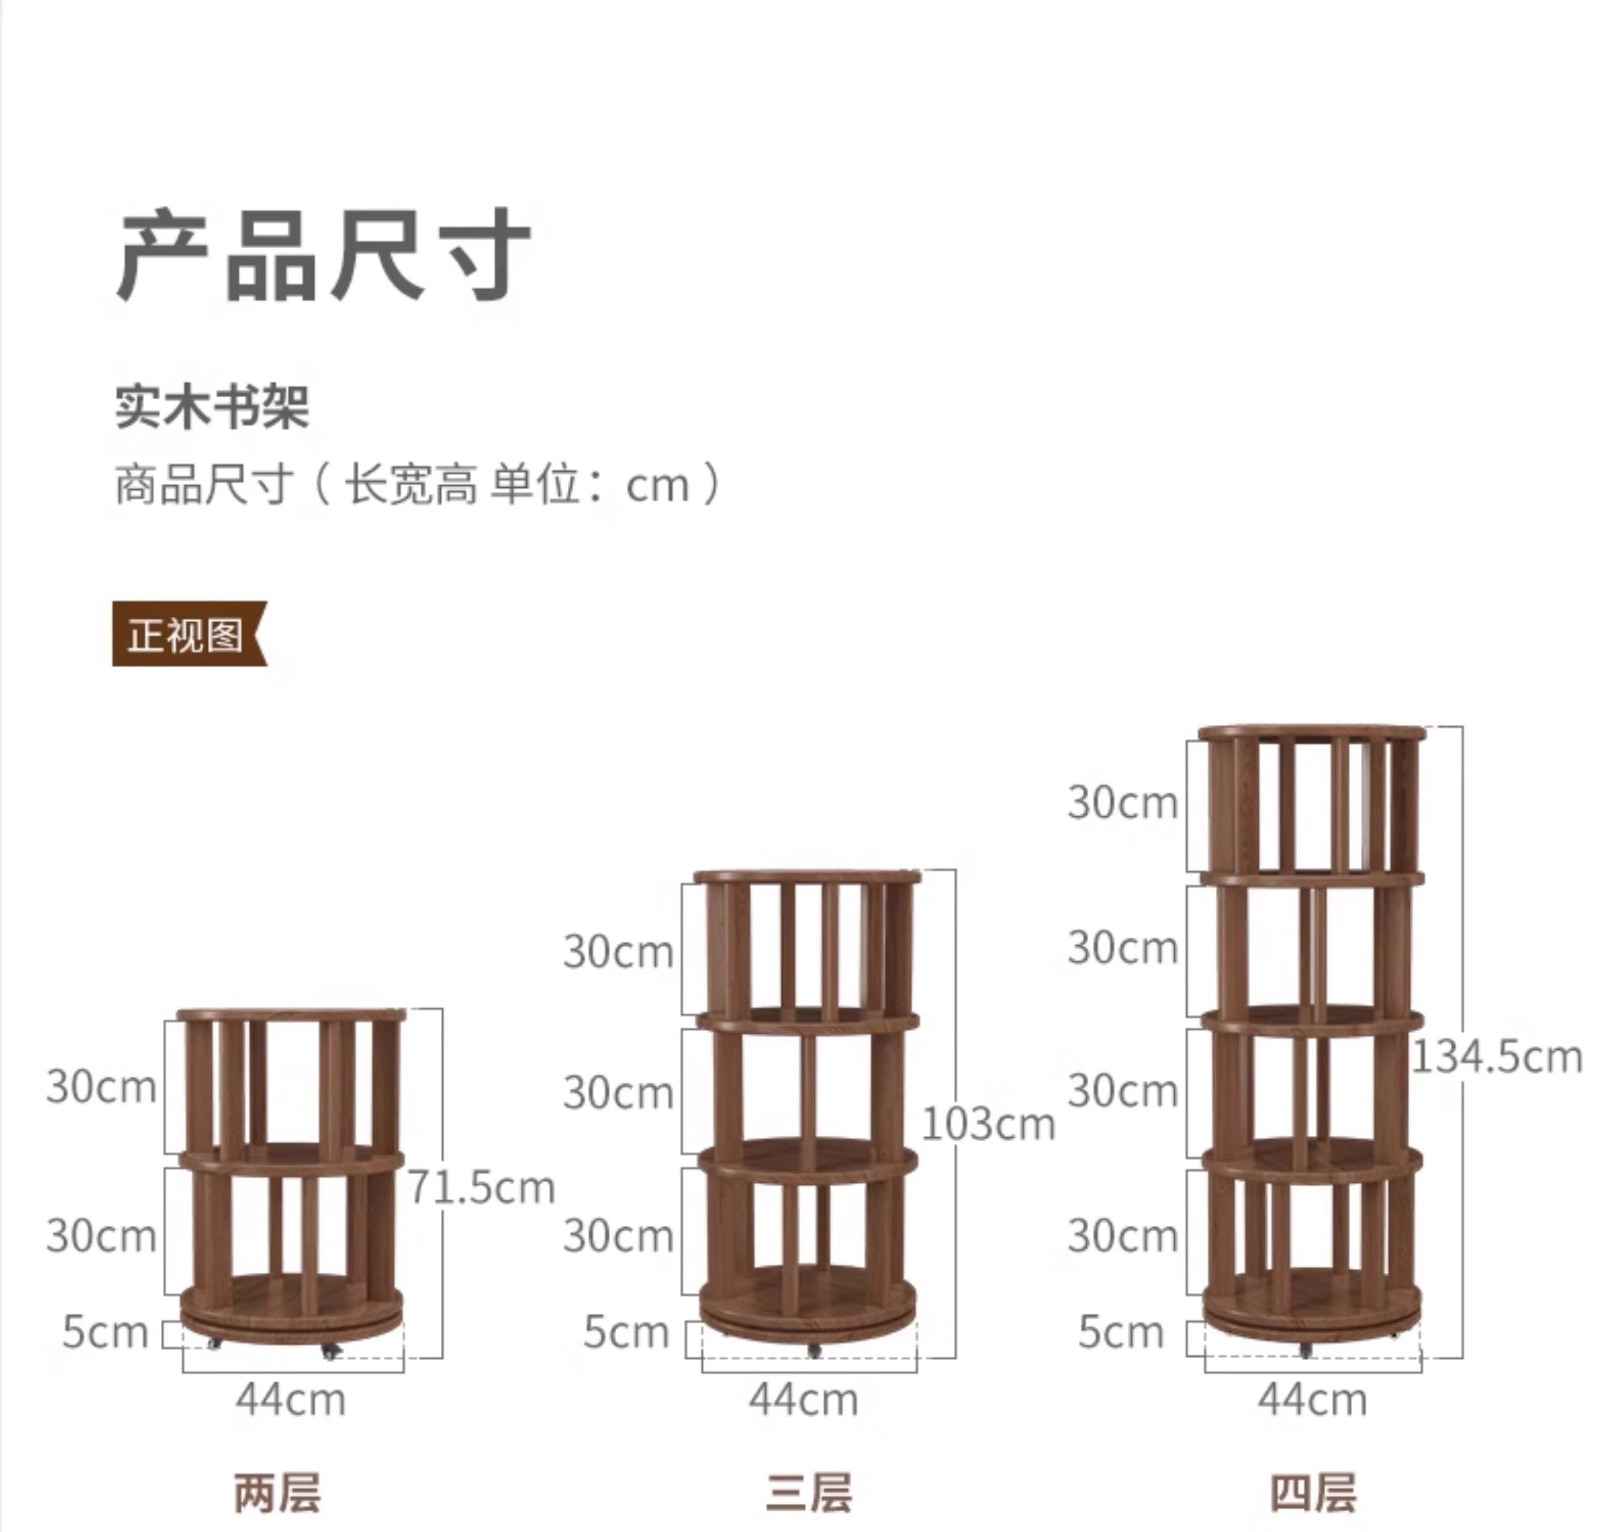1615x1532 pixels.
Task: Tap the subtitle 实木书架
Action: point(212,406)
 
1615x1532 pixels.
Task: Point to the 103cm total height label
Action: point(988,1124)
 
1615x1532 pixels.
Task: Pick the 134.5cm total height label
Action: point(1496,1057)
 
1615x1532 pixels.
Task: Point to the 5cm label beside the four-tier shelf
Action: point(1120,1333)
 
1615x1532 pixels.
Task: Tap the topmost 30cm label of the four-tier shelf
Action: point(1123,802)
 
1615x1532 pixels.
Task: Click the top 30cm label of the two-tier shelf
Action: point(101,1087)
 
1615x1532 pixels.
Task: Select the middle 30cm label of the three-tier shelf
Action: point(618,1092)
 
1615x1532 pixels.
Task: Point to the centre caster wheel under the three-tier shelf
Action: point(813,1352)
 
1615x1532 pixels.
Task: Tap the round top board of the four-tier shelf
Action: point(1313,733)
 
